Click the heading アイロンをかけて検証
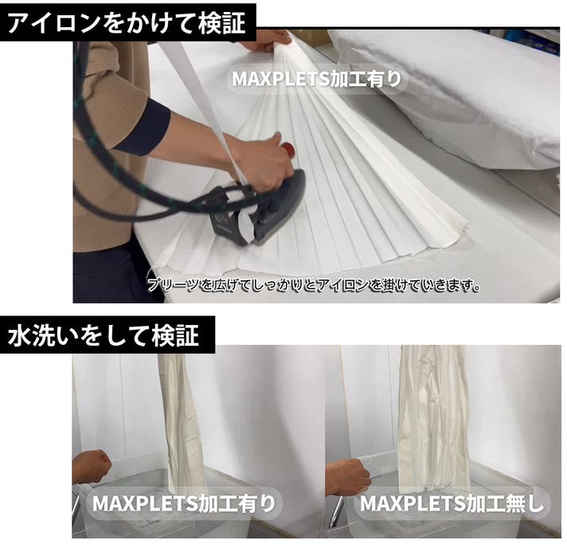click(127, 23)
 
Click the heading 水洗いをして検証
click(104, 335)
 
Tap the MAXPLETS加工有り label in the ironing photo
click(317, 79)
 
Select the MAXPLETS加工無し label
click(452, 503)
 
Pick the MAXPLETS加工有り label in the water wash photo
click(184, 503)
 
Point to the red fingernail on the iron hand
click(288, 150)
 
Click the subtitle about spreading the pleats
click(314, 285)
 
